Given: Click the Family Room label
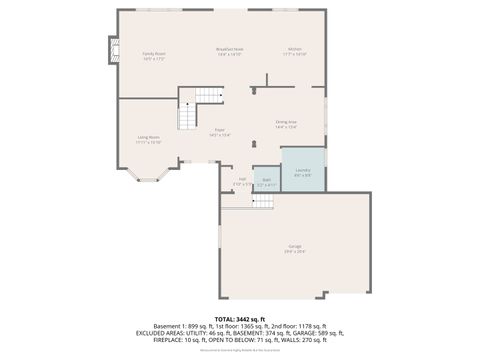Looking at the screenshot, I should (153, 56).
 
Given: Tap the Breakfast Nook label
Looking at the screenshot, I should (229, 52).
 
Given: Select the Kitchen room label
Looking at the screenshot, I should (295, 52).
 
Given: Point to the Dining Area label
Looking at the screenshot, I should (286, 124).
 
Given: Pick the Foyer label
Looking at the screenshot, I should (219, 131).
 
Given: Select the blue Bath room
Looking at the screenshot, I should (266, 181).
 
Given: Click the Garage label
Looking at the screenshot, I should (295, 247).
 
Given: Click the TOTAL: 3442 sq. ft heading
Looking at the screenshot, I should (240, 319).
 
